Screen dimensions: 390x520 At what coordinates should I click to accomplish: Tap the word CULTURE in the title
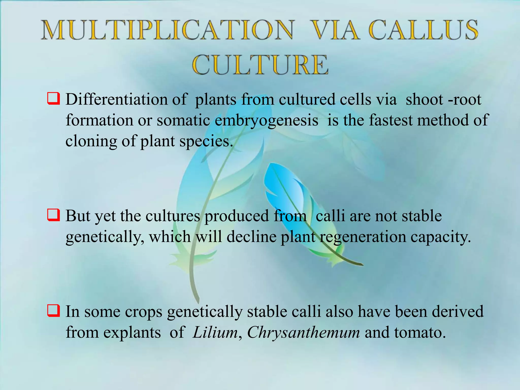pos(260,65)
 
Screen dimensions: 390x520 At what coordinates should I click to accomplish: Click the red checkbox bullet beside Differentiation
pos(54,99)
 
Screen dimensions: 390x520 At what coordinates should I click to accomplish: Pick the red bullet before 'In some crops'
pos(54,311)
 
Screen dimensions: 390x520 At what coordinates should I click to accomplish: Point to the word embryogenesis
pos(266,120)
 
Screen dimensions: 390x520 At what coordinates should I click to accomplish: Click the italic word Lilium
pos(215,332)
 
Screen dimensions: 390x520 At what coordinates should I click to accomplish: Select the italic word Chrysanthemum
pos(303,332)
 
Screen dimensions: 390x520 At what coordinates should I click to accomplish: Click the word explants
pos(132,333)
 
